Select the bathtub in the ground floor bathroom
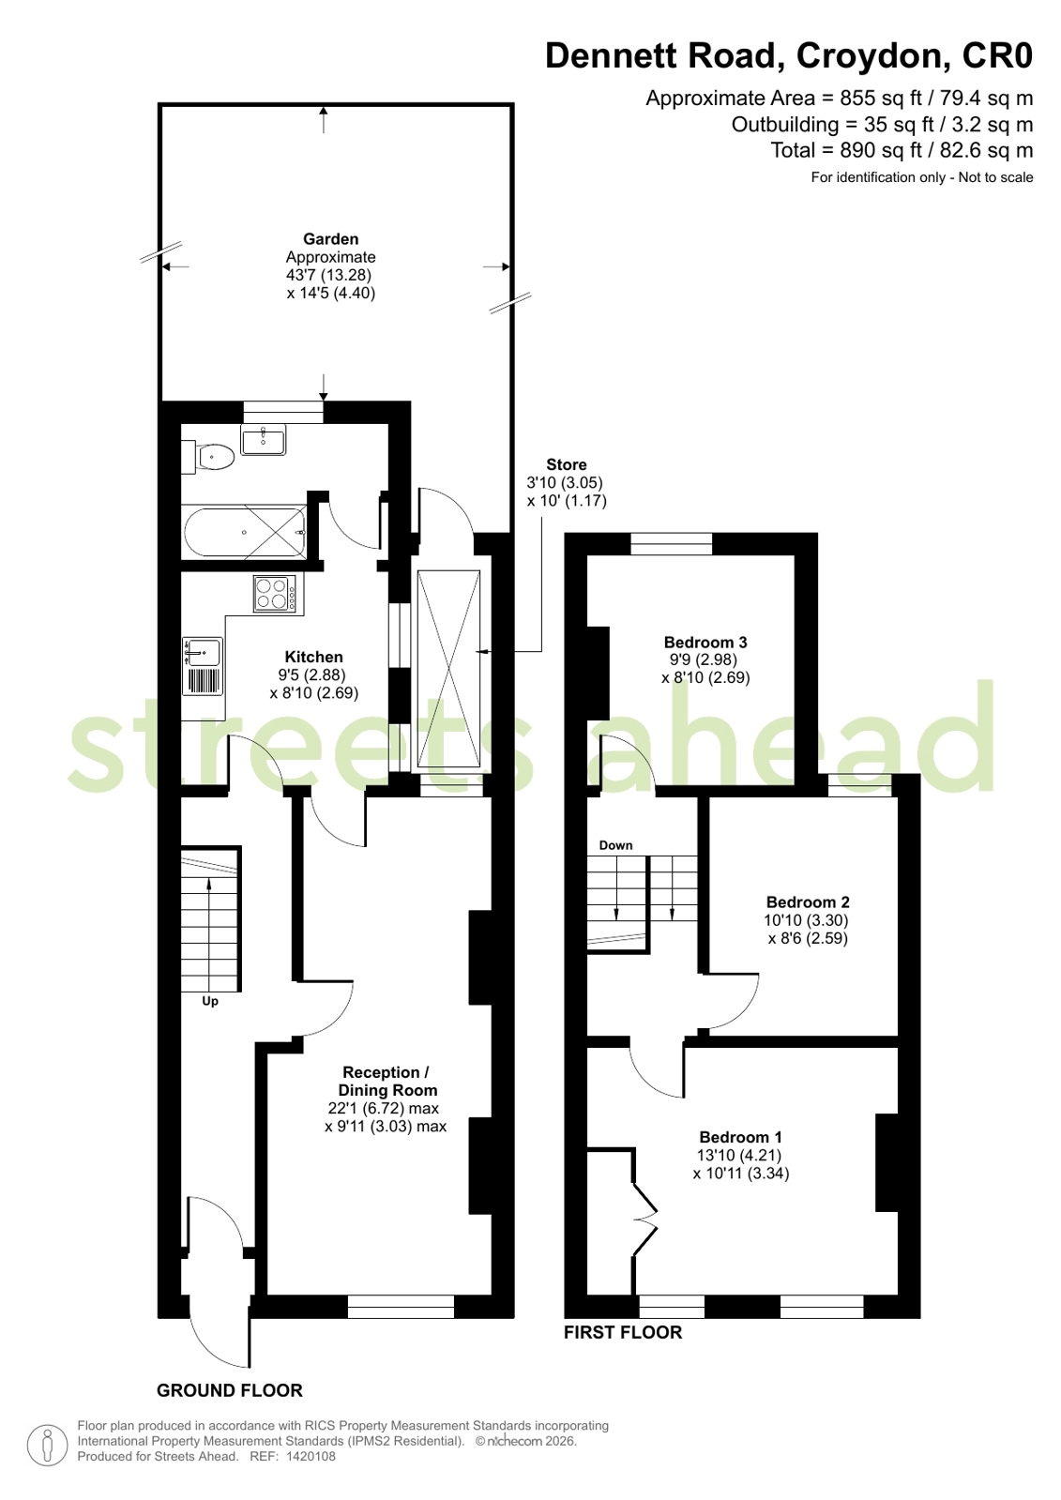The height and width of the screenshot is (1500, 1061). coord(245,532)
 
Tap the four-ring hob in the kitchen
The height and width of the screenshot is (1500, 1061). coord(274,594)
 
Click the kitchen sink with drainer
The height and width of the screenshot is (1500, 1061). coord(204,665)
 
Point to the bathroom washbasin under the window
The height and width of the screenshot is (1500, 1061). coord(264,439)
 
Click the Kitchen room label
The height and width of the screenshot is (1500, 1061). coord(313,657)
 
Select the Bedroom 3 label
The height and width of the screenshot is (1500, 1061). coord(705,643)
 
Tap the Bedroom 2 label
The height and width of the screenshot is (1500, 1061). coord(807,902)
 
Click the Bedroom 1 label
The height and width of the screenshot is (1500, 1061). coord(740,1137)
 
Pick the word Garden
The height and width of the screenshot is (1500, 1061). coord(330,239)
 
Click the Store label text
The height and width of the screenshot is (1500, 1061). coord(566,465)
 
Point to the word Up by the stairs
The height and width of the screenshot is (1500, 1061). coord(210,1001)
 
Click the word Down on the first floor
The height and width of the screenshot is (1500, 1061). coord(615,845)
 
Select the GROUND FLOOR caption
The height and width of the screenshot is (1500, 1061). coord(229,1390)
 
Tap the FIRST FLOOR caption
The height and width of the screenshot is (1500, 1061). coord(622,1332)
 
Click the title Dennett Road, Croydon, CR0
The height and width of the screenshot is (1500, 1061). coord(788,56)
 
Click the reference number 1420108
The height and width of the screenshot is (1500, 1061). coord(310,1456)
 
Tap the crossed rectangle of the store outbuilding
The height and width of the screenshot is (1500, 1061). coord(448,670)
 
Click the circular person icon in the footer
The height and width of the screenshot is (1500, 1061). coord(47,1445)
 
